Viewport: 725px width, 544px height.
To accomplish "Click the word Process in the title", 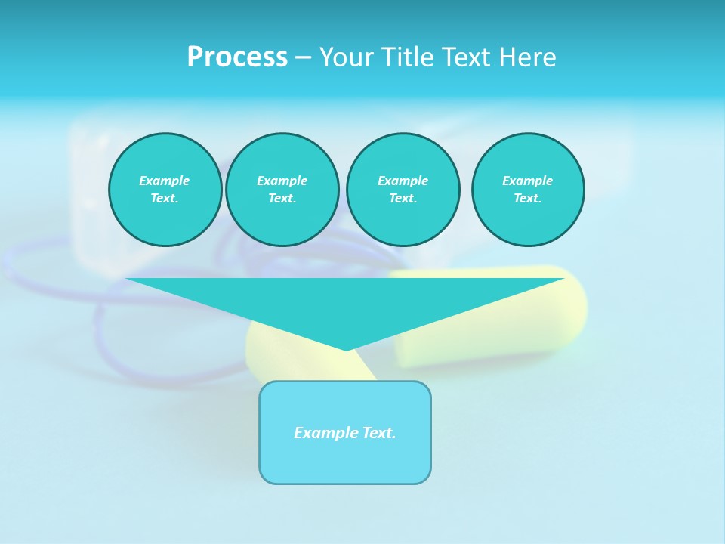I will (x=237, y=57).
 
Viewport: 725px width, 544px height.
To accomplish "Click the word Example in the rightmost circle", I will (x=528, y=181).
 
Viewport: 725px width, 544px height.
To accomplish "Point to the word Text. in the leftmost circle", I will (x=165, y=198).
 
